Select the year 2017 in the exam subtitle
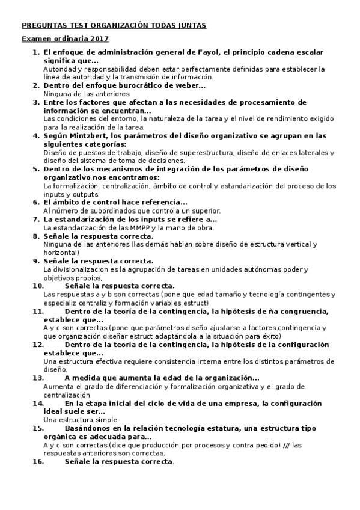coord(100,39)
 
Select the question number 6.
coord(36,202)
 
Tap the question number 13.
coord(38,378)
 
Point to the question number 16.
coord(38,462)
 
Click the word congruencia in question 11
coord(303,311)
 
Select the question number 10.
coord(38,286)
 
